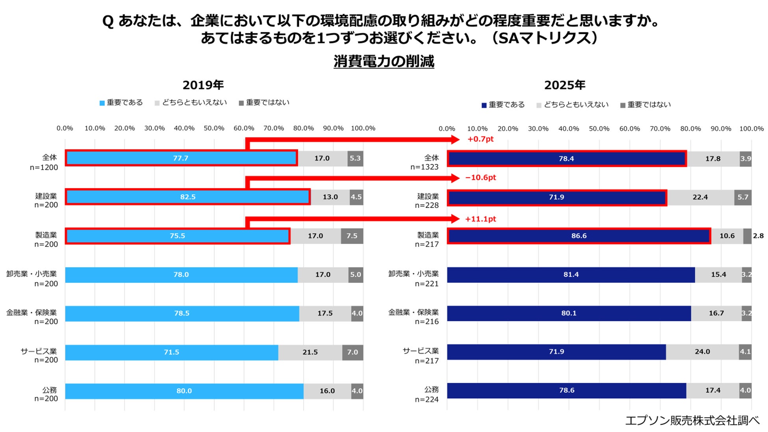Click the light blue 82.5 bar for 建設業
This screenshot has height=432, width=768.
click(x=187, y=197)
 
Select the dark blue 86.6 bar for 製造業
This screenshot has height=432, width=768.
click(x=579, y=236)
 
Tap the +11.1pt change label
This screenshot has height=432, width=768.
click(x=480, y=219)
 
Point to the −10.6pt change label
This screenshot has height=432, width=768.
click(x=480, y=178)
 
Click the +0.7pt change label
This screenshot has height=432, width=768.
click(x=480, y=139)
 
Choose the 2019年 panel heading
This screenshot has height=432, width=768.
click(x=203, y=85)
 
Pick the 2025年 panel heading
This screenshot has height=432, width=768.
click(x=564, y=85)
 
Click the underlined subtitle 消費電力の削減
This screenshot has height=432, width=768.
click(x=384, y=61)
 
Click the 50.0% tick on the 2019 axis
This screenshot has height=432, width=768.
click(x=214, y=128)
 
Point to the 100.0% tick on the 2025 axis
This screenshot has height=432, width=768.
click(x=751, y=129)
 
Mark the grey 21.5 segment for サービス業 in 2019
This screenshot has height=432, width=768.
click(x=310, y=352)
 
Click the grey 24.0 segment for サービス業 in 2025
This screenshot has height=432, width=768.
click(x=702, y=352)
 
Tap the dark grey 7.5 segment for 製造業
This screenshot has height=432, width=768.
click(x=352, y=236)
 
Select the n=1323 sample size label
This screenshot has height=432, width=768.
click(x=424, y=167)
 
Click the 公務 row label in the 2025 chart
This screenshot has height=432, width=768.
click(x=431, y=389)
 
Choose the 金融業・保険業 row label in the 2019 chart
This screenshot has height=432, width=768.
click(x=32, y=313)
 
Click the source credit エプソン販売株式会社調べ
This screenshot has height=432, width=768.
click(x=692, y=421)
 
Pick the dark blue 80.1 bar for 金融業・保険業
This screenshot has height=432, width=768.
click(x=568, y=313)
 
